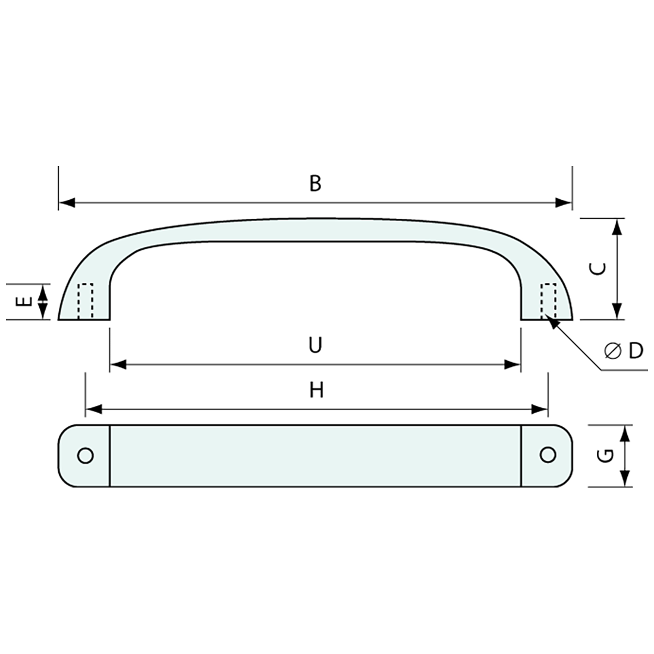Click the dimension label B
click(315, 184)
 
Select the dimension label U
click(315, 345)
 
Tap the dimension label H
click(316, 390)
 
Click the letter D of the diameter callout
click(636, 351)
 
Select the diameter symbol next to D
click(613, 351)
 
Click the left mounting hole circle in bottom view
click(85, 455)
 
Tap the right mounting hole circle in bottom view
click(548, 455)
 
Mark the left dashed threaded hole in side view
click(86, 301)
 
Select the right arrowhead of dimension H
click(540, 409)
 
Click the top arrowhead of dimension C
click(617, 227)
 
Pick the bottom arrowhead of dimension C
click(617, 312)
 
